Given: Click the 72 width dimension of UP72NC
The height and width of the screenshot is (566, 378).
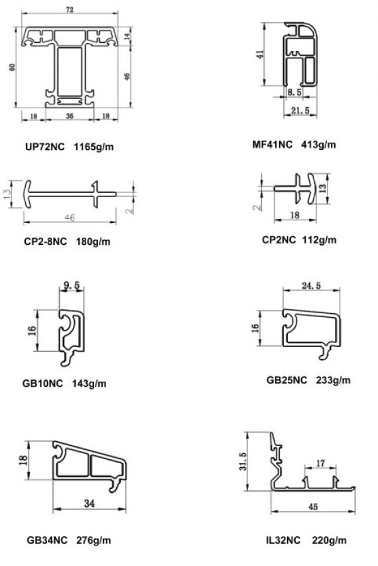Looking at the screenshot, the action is [70, 9].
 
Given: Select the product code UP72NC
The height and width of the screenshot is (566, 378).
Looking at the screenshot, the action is [45, 147].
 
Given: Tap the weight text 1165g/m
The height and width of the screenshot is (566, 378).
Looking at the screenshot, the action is [94, 147].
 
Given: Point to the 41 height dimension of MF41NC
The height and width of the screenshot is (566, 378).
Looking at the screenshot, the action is [260, 54].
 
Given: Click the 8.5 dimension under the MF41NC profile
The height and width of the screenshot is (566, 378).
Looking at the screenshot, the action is [294, 92].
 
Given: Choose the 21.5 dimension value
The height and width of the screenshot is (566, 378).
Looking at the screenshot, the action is [300, 110].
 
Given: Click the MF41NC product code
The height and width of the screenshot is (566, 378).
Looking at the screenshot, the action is [273, 145].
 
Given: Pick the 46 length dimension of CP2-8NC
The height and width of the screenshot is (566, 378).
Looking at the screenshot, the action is [70, 218].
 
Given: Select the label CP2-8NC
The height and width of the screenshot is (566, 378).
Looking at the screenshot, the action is [46, 241].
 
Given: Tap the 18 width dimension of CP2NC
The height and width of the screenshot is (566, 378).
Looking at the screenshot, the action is [294, 215].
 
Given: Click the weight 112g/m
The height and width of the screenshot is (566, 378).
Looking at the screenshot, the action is [319, 240].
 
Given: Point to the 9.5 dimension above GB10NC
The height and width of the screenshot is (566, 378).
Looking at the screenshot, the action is [72, 285].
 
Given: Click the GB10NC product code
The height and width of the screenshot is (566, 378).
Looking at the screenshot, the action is [42, 383].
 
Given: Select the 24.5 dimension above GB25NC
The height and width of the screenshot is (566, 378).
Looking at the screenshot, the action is [311, 285].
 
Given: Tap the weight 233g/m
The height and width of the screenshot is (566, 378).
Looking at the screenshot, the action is [333, 380].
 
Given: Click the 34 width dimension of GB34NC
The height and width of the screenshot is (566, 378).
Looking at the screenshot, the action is [90, 503].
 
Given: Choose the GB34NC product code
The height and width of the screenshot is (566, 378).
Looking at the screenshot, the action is [47, 540].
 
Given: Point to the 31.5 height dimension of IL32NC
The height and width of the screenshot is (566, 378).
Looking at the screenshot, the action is [243, 461].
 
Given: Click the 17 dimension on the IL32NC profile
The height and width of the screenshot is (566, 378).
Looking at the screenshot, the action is [321, 462].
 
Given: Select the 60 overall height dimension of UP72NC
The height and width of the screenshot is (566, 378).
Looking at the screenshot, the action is [12, 67].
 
